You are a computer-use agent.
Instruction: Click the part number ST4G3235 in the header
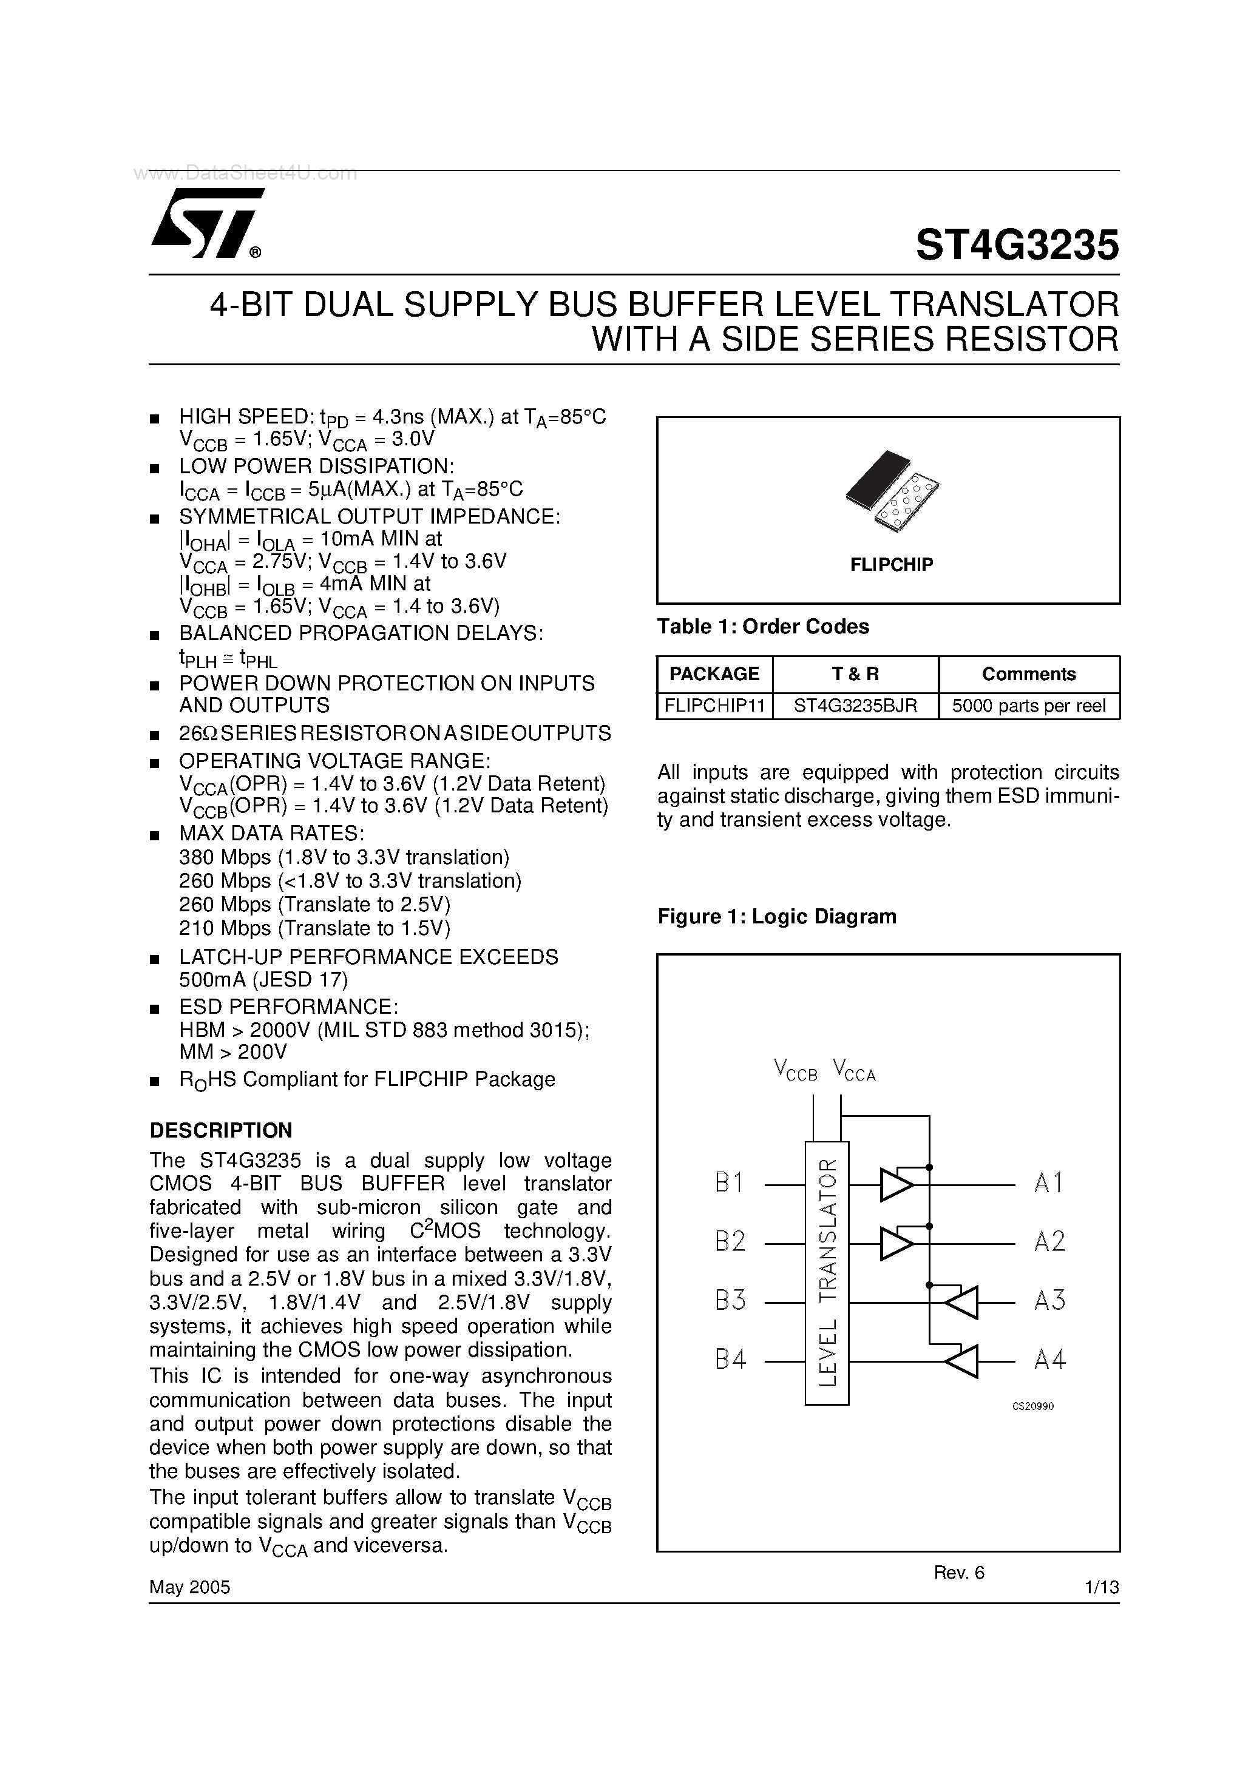pyautogui.click(x=1017, y=245)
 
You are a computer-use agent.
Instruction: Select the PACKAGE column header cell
pyautogui.click(x=714, y=674)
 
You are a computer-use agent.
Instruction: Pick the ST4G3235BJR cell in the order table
pyautogui.click(x=855, y=706)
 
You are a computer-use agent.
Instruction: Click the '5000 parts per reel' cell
pyautogui.click(x=1028, y=706)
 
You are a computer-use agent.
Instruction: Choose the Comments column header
pyautogui.click(x=1028, y=674)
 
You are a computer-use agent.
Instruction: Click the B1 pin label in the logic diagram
pyautogui.click(x=729, y=1183)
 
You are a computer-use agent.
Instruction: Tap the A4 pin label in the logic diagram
pyautogui.click(x=1049, y=1360)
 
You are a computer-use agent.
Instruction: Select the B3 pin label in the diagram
pyautogui.click(x=730, y=1301)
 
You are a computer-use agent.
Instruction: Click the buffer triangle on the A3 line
pyautogui.click(x=961, y=1303)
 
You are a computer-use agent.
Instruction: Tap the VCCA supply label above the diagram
pyautogui.click(x=853, y=1071)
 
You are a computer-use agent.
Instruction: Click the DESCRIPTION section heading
pyautogui.click(x=221, y=1130)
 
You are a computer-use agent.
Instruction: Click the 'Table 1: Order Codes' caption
pyautogui.click(x=762, y=627)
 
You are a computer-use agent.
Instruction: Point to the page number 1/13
pyautogui.click(x=1102, y=1587)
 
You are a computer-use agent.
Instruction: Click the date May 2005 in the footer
pyautogui.click(x=189, y=1587)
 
